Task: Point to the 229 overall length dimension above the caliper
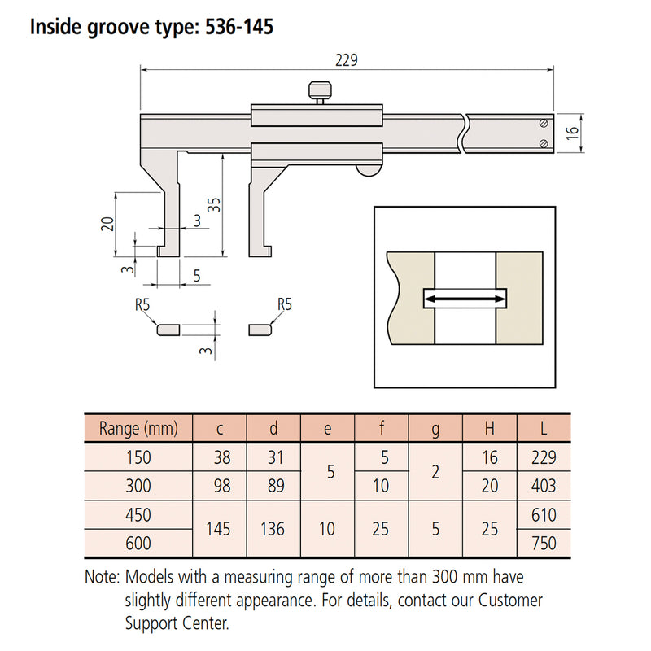[x=347, y=61]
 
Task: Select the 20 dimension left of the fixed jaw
[x=107, y=225]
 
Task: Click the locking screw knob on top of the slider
[x=318, y=90]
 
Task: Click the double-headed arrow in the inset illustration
[x=464, y=300]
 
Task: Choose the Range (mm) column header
[x=137, y=428]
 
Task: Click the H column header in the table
[x=489, y=428]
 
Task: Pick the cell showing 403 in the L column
[x=543, y=486]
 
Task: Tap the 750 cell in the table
[x=543, y=543]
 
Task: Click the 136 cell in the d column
[x=273, y=529]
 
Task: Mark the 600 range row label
[x=137, y=543]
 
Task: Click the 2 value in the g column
[x=435, y=471]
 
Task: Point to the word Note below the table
[x=103, y=578]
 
